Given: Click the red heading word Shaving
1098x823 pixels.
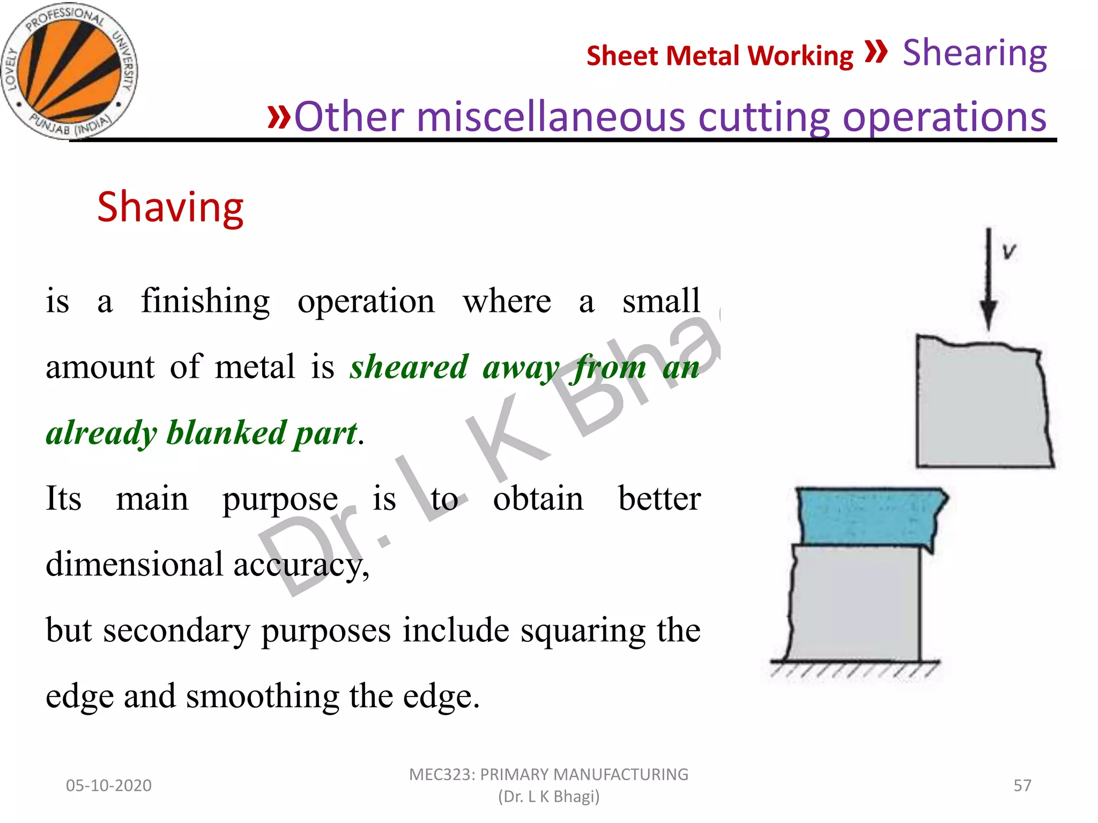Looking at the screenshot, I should (x=170, y=207).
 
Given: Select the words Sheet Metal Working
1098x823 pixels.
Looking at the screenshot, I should (x=719, y=56).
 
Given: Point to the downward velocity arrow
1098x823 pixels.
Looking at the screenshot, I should (x=988, y=279).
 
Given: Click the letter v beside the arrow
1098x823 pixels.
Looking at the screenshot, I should (x=1009, y=251).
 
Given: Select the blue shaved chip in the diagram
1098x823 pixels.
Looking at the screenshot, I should (x=869, y=516).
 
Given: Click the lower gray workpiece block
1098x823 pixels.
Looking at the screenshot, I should (x=855, y=603).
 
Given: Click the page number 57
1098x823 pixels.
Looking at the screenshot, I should (x=1022, y=785).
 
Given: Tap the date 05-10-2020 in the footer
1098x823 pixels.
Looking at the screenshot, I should (x=109, y=785).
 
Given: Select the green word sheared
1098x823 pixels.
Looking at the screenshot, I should (x=409, y=368).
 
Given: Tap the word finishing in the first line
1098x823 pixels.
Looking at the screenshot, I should (x=205, y=302).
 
